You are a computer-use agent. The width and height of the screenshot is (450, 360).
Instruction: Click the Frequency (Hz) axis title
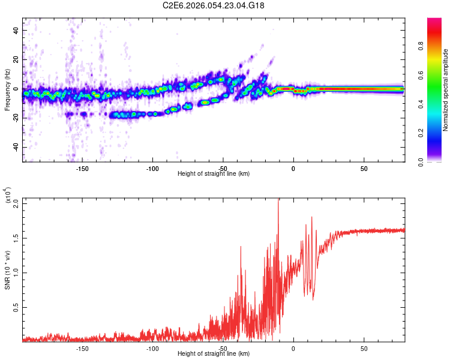pos(7,90)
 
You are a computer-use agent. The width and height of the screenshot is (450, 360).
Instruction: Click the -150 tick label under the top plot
pos(82,169)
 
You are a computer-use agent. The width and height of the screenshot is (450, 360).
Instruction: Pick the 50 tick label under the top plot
pos(364,169)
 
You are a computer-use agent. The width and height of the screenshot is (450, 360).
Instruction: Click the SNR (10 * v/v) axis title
pos(7,270)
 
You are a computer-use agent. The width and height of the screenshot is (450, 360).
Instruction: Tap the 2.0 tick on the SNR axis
pos(16,202)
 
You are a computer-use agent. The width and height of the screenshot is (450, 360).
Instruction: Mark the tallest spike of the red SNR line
pos(278,200)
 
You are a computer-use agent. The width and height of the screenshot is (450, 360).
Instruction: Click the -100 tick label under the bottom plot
pos(152,348)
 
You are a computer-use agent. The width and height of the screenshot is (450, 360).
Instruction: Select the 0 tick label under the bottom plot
pos(293,348)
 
